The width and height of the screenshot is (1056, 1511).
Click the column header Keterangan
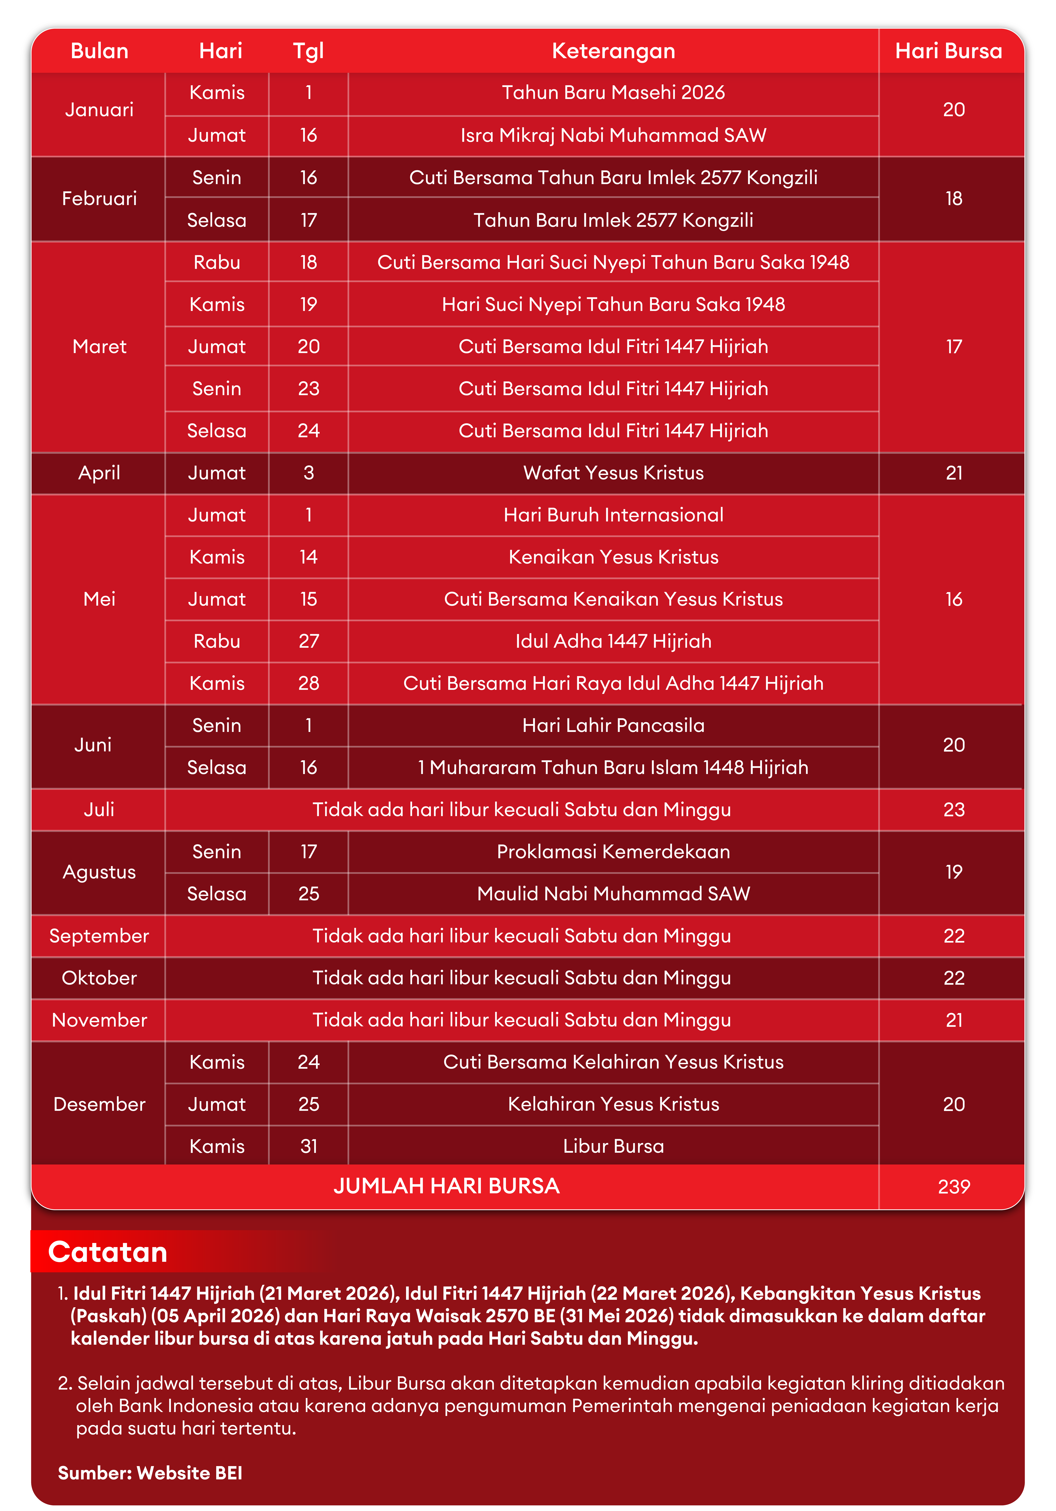(x=613, y=51)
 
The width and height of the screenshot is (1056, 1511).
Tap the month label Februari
(x=99, y=198)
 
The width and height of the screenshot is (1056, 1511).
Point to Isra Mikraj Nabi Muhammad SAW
(x=613, y=135)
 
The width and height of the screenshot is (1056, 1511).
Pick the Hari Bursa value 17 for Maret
(x=953, y=347)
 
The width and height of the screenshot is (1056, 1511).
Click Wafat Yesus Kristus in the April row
(x=613, y=473)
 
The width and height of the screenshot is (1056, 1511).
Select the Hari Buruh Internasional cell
(x=613, y=515)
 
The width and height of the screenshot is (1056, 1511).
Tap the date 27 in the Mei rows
(x=309, y=641)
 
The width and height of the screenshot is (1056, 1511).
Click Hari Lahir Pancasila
(x=613, y=725)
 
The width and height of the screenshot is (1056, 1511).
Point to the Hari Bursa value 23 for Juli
(x=953, y=809)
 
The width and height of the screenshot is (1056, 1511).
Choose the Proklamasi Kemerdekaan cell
(x=613, y=852)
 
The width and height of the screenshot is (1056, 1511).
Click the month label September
(x=99, y=936)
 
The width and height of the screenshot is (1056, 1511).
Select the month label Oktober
(x=99, y=978)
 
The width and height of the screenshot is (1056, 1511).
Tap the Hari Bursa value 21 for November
(x=953, y=1020)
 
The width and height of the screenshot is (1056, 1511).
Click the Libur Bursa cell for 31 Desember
(x=613, y=1146)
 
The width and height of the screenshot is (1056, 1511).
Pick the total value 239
(x=953, y=1187)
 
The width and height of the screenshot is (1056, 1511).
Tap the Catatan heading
(x=108, y=1252)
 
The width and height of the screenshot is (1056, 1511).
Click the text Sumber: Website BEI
(x=150, y=1473)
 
